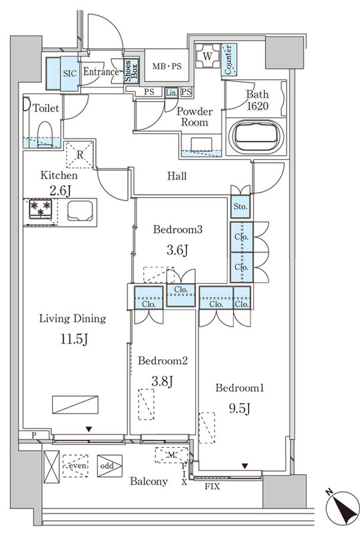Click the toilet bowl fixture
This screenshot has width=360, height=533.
click(x=45, y=134)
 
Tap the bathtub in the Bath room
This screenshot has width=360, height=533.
click(x=256, y=137)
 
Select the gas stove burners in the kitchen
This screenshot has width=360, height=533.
click(x=41, y=209)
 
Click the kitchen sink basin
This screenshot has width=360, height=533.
click(x=80, y=211)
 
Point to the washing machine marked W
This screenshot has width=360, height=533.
click(x=207, y=56)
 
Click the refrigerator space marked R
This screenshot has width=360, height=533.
click(x=79, y=155)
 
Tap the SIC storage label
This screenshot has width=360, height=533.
click(x=70, y=73)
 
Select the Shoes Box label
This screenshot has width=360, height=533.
click(x=131, y=71)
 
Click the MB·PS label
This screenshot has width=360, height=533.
click(x=167, y=66)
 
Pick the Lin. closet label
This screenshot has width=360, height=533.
click(x=171, y=93)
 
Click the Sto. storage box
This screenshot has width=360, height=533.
click(x=241, y=207)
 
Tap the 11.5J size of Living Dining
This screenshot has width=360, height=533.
click(x=74, y=339)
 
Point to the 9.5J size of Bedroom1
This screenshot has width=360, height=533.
click(x=239, y=408)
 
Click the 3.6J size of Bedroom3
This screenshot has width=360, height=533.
click(x=177, y=251)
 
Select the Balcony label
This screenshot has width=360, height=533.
click(x=149, y=481)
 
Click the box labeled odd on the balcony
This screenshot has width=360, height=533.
click(x=109, y=466)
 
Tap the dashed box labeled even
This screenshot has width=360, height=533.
click(x=75, y=466)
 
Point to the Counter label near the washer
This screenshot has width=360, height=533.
click(x=229, y=59)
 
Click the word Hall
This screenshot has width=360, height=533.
click(x=177, y=176)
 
